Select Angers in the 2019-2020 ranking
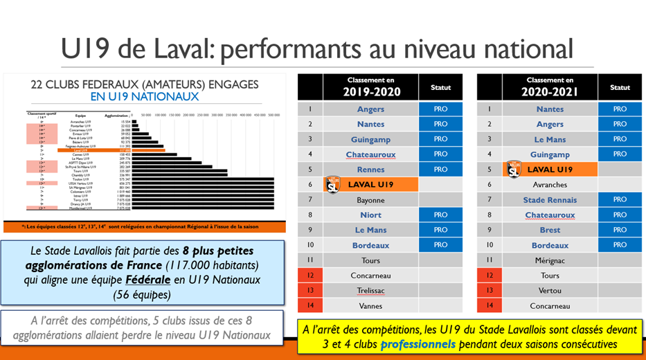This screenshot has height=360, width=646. coord(370,109)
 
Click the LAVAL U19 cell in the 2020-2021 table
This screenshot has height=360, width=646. coord(550,170)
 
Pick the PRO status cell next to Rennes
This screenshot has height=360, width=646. coord(440,170)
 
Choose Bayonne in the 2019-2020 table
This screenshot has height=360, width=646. coord(370,200)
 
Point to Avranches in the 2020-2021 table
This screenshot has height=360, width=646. coord(550,185)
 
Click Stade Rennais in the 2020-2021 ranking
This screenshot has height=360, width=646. coord(550,200)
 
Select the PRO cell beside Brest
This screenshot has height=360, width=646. coord(620,230)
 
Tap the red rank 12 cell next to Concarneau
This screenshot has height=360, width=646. coord(309,276)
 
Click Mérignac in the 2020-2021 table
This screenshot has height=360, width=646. coord(550,260)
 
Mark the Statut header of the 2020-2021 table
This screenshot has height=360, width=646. coord(620,88)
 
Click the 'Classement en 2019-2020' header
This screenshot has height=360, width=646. coord(370,87)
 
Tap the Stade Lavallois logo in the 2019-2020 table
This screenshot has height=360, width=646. coord(332,184)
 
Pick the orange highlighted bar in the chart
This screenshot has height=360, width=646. coord(149,150)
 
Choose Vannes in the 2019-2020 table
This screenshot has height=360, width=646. coord(370,305)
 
